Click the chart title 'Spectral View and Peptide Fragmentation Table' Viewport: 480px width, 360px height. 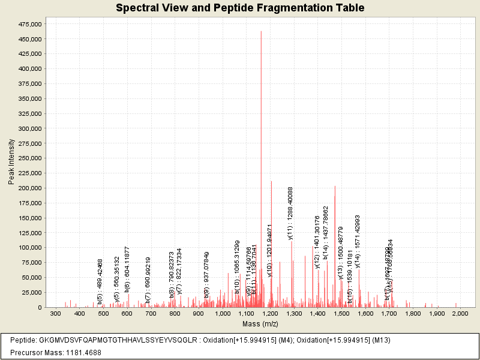point(240,8)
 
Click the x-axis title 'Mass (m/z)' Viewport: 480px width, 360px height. point(260,324)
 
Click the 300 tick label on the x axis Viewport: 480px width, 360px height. point(56,314)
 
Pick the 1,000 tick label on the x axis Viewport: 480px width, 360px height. point(223,314)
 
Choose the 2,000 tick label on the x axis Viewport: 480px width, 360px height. point(460,314)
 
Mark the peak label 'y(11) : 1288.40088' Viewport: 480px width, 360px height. point(291,213)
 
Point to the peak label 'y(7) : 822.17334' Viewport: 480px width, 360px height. point(179,271)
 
